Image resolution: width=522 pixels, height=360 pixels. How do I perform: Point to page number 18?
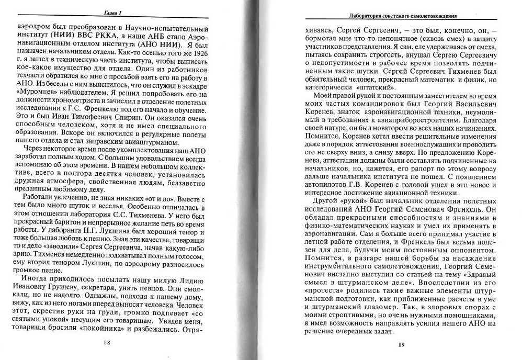tap(106, 343)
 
